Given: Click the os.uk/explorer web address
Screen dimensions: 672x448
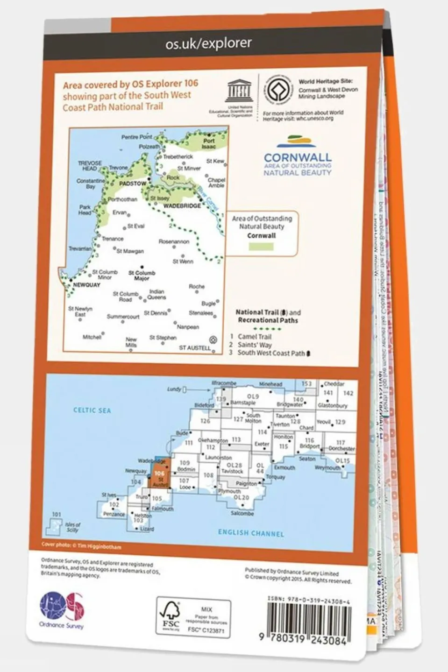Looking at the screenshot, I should (x=208, y=43).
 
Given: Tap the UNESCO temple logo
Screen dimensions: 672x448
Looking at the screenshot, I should (x=239, y=91).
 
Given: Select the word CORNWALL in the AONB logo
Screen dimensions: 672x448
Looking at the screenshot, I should (x=298, y=157).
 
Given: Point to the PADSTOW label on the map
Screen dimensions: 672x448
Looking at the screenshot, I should (x=133, y=184).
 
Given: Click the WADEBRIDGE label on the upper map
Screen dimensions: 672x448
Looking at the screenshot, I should (x=182, y=205).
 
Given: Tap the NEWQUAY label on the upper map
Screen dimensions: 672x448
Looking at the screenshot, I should (x=86, y=284).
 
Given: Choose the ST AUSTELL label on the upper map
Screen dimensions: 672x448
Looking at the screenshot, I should (x=195, y=348).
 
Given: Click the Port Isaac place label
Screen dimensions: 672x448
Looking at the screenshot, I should (x=209, y=143).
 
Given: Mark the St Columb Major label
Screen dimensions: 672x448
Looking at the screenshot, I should (x=142, y=276).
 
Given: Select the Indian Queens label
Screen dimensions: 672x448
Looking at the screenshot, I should (x=156, y=294).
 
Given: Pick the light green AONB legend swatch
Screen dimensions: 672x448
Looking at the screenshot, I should (x=261, y=246).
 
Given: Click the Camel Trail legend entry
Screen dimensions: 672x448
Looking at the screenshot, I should (x=254, y=336).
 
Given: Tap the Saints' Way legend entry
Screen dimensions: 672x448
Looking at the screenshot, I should (x=255, y=345).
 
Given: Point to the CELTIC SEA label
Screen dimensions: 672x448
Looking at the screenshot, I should (x=92, y=410).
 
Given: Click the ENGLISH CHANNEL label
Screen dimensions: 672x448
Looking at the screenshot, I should (x=251, y=533).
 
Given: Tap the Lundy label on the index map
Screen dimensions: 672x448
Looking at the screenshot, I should (x=175, y=389).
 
